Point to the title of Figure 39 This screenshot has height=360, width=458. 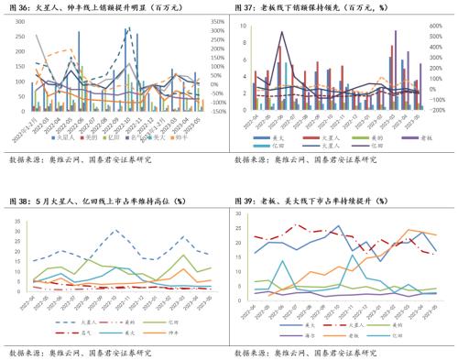pos(316,200)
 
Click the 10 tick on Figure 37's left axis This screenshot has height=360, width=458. pos(245,27)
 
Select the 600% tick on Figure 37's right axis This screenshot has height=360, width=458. pos(435,27)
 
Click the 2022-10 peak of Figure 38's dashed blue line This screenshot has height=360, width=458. pos(114,230)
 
